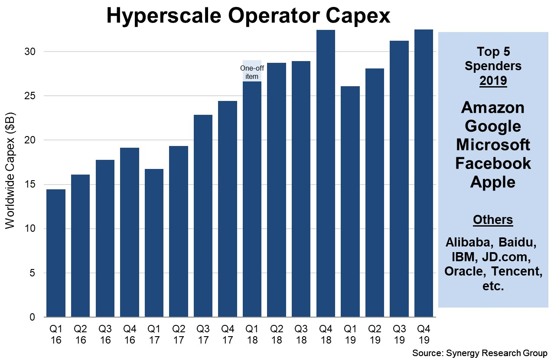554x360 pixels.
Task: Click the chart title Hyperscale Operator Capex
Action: [248, 16]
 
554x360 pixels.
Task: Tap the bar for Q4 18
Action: [326, 173]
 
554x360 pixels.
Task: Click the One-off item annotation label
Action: [252, 72]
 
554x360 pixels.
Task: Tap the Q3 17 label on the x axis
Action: [203, 335]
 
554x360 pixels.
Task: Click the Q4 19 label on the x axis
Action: [424, 335]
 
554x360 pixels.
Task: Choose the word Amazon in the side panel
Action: [493, 107]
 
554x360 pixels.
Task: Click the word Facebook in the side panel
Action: [493, 163]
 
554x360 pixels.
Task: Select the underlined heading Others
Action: [493, 220]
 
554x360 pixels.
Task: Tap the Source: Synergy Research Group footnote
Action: [480, 353]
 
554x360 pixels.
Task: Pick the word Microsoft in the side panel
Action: [493, 144]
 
